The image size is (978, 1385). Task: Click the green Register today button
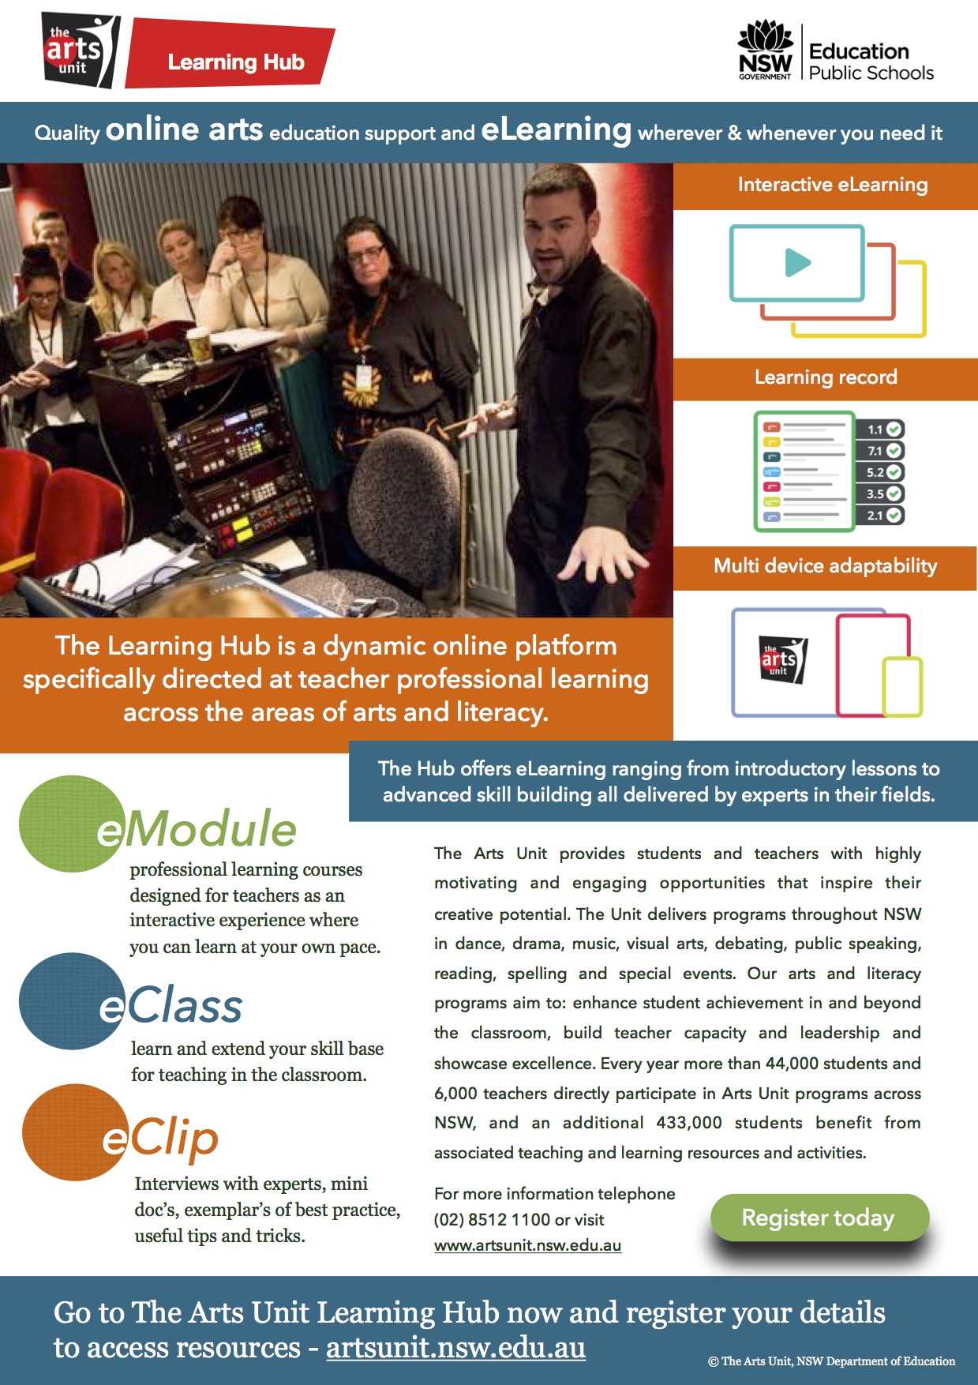tap(819, 1218)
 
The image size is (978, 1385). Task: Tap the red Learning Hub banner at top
tap(234, 62)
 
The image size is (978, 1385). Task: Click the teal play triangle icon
tap(797, 262)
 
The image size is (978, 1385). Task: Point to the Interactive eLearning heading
tap(832, 185)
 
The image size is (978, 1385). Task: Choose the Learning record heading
tap(825, 377)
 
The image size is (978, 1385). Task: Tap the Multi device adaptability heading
tap(825, 566)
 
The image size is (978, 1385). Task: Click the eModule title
tap(197, 829)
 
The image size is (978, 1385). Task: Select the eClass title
tap(172, 1006)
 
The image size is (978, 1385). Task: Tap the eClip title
tap(161, 1138)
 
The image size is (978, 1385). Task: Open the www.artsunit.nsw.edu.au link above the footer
tap(527, 1246)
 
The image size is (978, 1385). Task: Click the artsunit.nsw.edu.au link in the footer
tap(455, 1348)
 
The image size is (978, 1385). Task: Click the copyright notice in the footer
tap(831, 1361)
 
